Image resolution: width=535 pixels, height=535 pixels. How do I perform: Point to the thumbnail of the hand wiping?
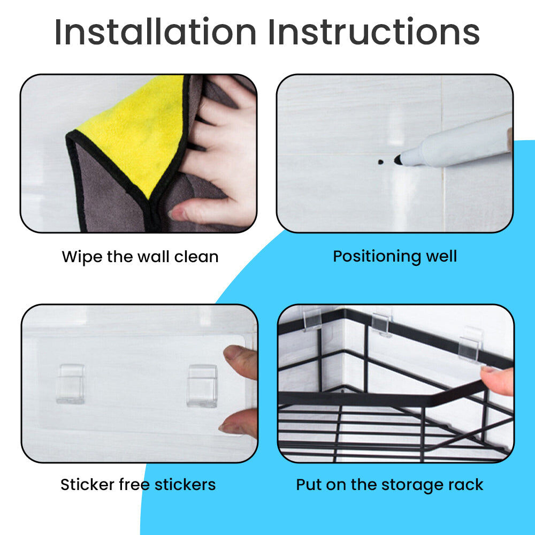139,154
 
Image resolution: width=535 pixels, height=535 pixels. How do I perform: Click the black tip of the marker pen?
398,159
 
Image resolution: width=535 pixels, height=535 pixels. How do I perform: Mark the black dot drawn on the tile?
381,162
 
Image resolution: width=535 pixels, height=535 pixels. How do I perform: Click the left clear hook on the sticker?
70,384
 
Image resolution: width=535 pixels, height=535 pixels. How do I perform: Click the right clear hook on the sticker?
202,386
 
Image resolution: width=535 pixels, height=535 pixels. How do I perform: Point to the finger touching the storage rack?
498,380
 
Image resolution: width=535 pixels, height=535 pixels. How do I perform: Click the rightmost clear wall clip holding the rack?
470,345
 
